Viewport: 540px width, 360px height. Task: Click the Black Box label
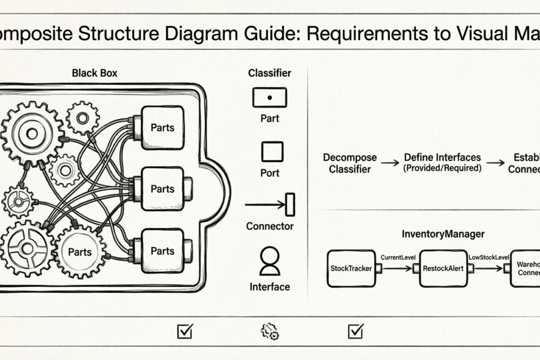pyautogui.click(x=94, y=73)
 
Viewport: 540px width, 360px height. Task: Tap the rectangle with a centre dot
pyautogui.click(x=270, y=97)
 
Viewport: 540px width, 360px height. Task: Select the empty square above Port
pyautogui.click(x=272, y=152)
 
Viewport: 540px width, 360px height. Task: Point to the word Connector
pyautogui.click(x=270, y=226)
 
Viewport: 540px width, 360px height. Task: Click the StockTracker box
pyautogui.click(x=351, y=269)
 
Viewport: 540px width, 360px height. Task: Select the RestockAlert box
pyautogui.click(x=441, y=269)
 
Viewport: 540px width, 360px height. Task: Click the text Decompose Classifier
pyautogui.click(x=350, y=163)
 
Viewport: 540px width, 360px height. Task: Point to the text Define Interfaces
pyautogui.click(x=442, y=158)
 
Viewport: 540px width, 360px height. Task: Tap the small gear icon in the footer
pyautogui.click(x=270, y=332)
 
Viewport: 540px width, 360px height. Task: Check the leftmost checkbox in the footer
pyautogui.click(x=184, y=332)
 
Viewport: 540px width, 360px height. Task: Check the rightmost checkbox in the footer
pyautogui.click(x=355, y=332)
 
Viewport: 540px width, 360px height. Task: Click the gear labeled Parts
pyautogui.click(x=80, y=252)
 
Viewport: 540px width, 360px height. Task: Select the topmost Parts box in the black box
pyautogui.click(x=162, y=128)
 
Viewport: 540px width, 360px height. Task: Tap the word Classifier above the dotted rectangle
pyautogui.click(x=270, y=73)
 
